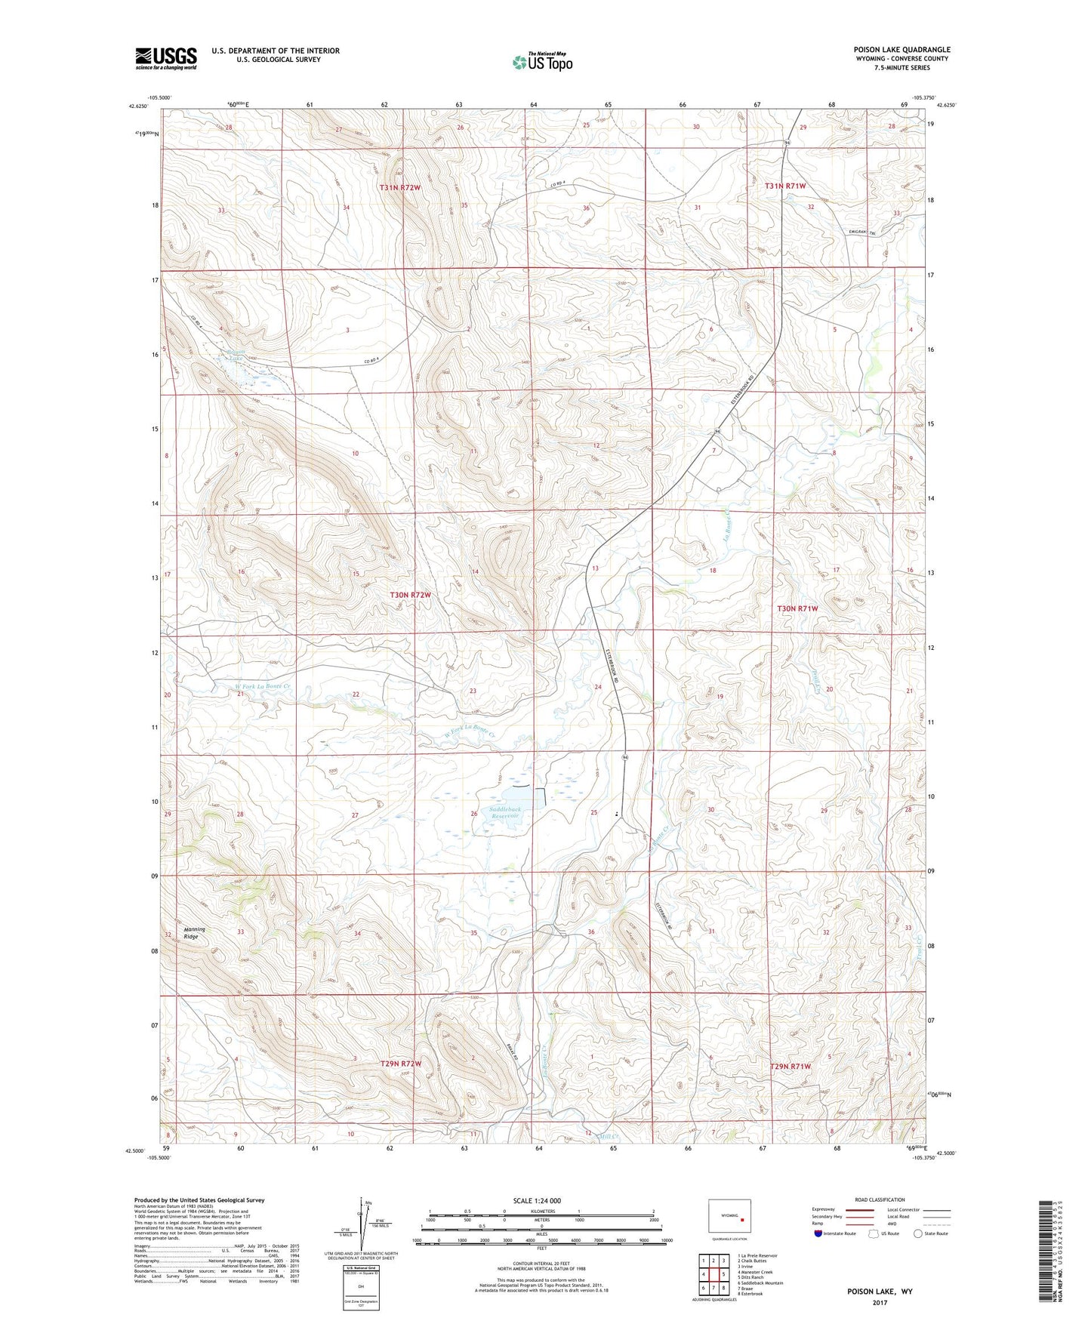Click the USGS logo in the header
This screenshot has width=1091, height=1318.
coord(166,58)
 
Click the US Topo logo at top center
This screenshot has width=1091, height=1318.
coord(542,62)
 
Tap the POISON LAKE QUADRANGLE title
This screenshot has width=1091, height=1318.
coord(901,49)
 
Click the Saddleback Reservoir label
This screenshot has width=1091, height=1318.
coord(506,812)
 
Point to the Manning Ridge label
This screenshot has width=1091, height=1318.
coord(194,933)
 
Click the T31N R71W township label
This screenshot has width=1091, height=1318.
coord(785,186)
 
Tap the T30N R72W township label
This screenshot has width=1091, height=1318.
coord(410,595)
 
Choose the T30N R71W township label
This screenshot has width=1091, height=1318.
coord(797,608)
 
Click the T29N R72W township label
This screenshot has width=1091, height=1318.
coord(400,1063)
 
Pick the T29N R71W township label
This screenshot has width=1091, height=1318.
coord(790,1066)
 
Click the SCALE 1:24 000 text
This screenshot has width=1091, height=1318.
coord(537,1200)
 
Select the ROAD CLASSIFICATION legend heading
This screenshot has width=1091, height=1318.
coord(880,1199)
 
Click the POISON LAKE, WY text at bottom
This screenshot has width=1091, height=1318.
coord(880,1292)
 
